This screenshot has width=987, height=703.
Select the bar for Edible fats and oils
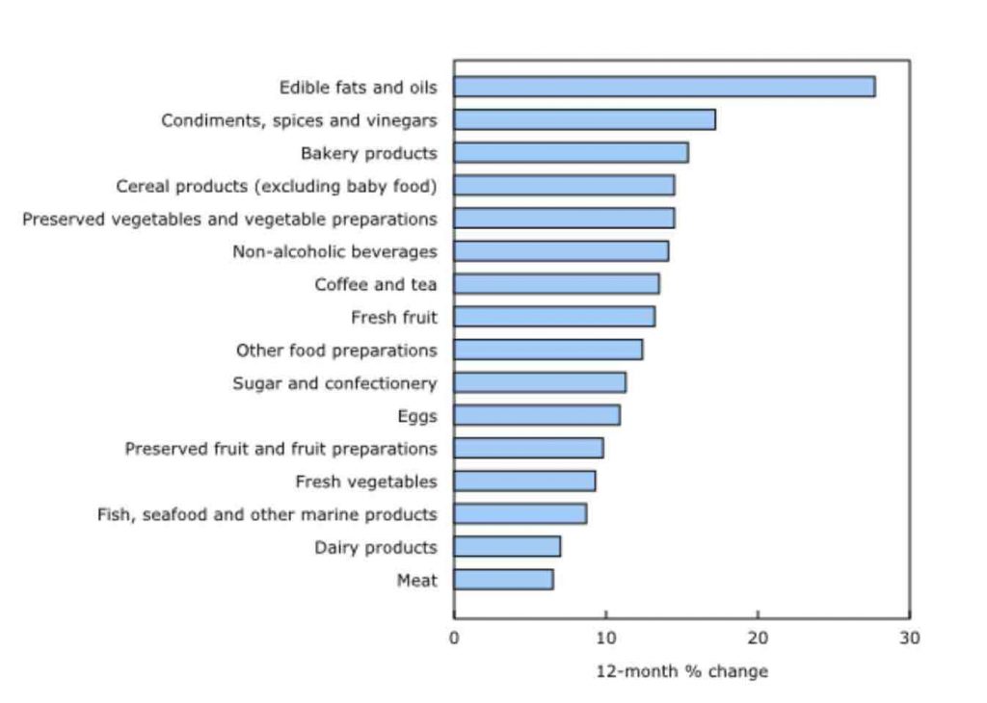[x=664, y=87]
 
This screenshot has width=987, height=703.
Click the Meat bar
[x=503, y=580]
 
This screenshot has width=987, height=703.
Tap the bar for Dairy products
[x=507, y=547]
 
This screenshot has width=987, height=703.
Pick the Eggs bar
[x=537, y=415]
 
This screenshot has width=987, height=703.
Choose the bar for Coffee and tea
[x=556, y=284]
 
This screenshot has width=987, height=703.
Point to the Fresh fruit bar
[x=554, y=317]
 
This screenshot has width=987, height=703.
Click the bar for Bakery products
[x=571, y=153]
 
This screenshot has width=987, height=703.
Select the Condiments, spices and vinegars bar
[x=584, y=119]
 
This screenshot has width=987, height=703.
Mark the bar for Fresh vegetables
[x=524, y=481]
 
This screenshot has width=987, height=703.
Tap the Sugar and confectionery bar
[x=540, y=382]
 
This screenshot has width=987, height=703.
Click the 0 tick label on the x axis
[x=454, y=638]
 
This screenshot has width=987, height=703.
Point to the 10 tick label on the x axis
[x=605, y=638]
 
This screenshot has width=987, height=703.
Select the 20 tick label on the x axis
[x=758, y=638]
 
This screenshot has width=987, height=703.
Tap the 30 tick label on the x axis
[x=910, y=638]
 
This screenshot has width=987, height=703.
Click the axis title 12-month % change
[x=681, y=671]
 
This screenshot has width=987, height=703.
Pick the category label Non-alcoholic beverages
[x=334, y=251]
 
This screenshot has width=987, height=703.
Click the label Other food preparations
[x=336, y=350]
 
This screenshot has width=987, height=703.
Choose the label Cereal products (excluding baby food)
[x=277, y=186]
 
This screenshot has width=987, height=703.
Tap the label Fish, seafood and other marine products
[x=267, y=514]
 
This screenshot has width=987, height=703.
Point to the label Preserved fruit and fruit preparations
[x=280, y=449]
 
